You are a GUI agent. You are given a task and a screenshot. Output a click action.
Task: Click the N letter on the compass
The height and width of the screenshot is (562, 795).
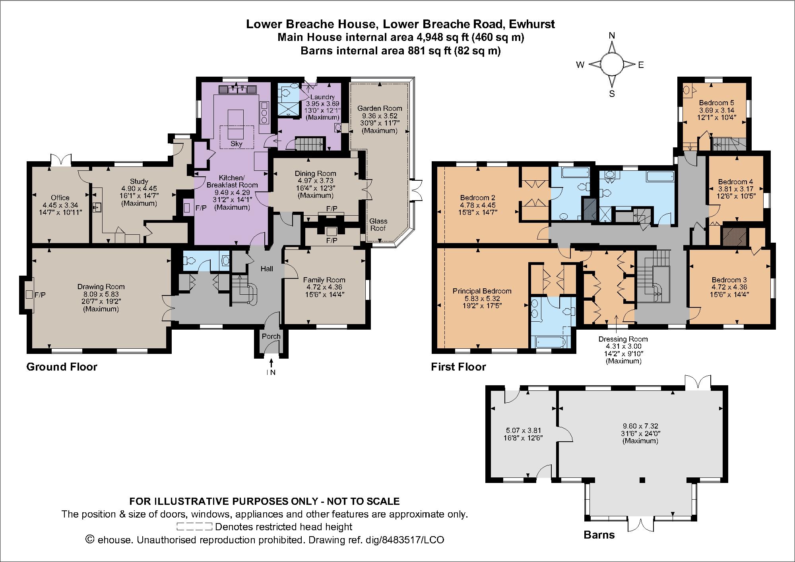[612, 36]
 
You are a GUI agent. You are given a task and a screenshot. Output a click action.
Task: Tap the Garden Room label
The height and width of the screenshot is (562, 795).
[380, 108]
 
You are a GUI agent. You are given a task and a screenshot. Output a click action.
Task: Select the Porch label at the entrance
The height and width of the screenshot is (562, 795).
[271, 336]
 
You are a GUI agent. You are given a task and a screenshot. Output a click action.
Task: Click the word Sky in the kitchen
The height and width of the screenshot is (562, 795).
[236, 144]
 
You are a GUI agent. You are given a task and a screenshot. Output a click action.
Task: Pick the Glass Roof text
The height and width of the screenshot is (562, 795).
[378, 225]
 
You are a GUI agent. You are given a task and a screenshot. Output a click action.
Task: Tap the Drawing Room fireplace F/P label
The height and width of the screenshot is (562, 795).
[40, 295]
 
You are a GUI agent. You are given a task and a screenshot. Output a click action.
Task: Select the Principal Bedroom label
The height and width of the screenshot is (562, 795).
[482, 291]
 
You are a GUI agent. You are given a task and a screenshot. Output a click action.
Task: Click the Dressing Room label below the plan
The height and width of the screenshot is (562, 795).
[623, 339]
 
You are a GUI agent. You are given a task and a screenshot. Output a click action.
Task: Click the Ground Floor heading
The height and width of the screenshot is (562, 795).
[62, 367]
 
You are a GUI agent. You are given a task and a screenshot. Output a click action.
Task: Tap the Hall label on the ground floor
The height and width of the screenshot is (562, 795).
[267, 269]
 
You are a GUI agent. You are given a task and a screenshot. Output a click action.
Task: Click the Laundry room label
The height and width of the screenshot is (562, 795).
[322, 97]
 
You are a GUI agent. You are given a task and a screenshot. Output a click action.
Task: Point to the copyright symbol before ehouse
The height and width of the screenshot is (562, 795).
[90, 540]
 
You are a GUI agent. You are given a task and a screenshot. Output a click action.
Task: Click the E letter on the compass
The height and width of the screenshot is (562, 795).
[641, 65]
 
